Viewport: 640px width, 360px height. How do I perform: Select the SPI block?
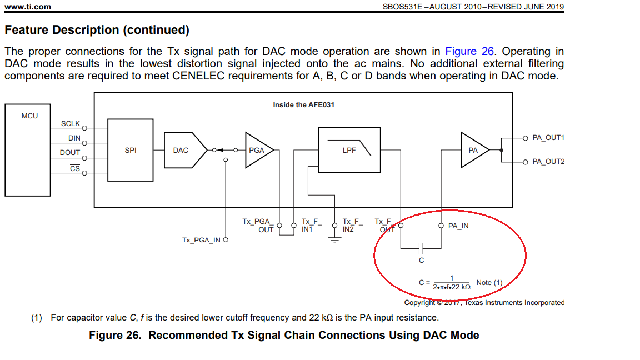click(131, 150)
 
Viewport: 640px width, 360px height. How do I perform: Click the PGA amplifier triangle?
click(257, 150)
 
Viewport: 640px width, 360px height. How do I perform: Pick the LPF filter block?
click(349, 150)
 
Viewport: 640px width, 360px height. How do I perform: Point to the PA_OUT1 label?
click(548, 138)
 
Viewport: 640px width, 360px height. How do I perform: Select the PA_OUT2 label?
click(548, 162)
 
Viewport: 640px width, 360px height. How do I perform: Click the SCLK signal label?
click(71, 124)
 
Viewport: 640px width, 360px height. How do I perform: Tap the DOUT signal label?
click(70, 152)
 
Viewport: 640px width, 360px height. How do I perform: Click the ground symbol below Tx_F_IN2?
click(334, 240)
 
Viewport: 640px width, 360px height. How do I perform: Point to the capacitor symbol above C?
click(421, 247)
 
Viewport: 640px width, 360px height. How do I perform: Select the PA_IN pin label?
click(458, 226)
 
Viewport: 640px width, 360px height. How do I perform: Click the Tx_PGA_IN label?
click(201, 240)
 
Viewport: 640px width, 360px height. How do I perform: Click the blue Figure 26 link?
click(469, 52)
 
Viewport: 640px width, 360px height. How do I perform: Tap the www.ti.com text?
click(28, 7)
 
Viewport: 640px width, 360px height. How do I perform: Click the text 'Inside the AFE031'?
click(303, 104)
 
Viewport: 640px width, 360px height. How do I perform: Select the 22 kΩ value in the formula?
click(461, 287)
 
